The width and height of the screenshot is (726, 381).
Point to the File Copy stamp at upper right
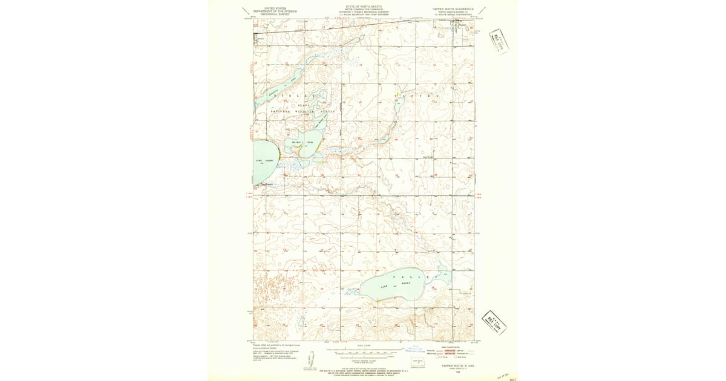pyautogui.click(x=499, y=41)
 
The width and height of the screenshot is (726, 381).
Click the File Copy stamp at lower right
pyautogui.click(x=494, y=322)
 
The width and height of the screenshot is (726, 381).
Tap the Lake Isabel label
pyautogui.click(x=264, y=160)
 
